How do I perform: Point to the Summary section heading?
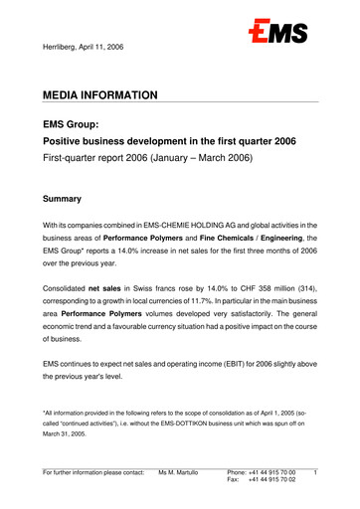(68, 199)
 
